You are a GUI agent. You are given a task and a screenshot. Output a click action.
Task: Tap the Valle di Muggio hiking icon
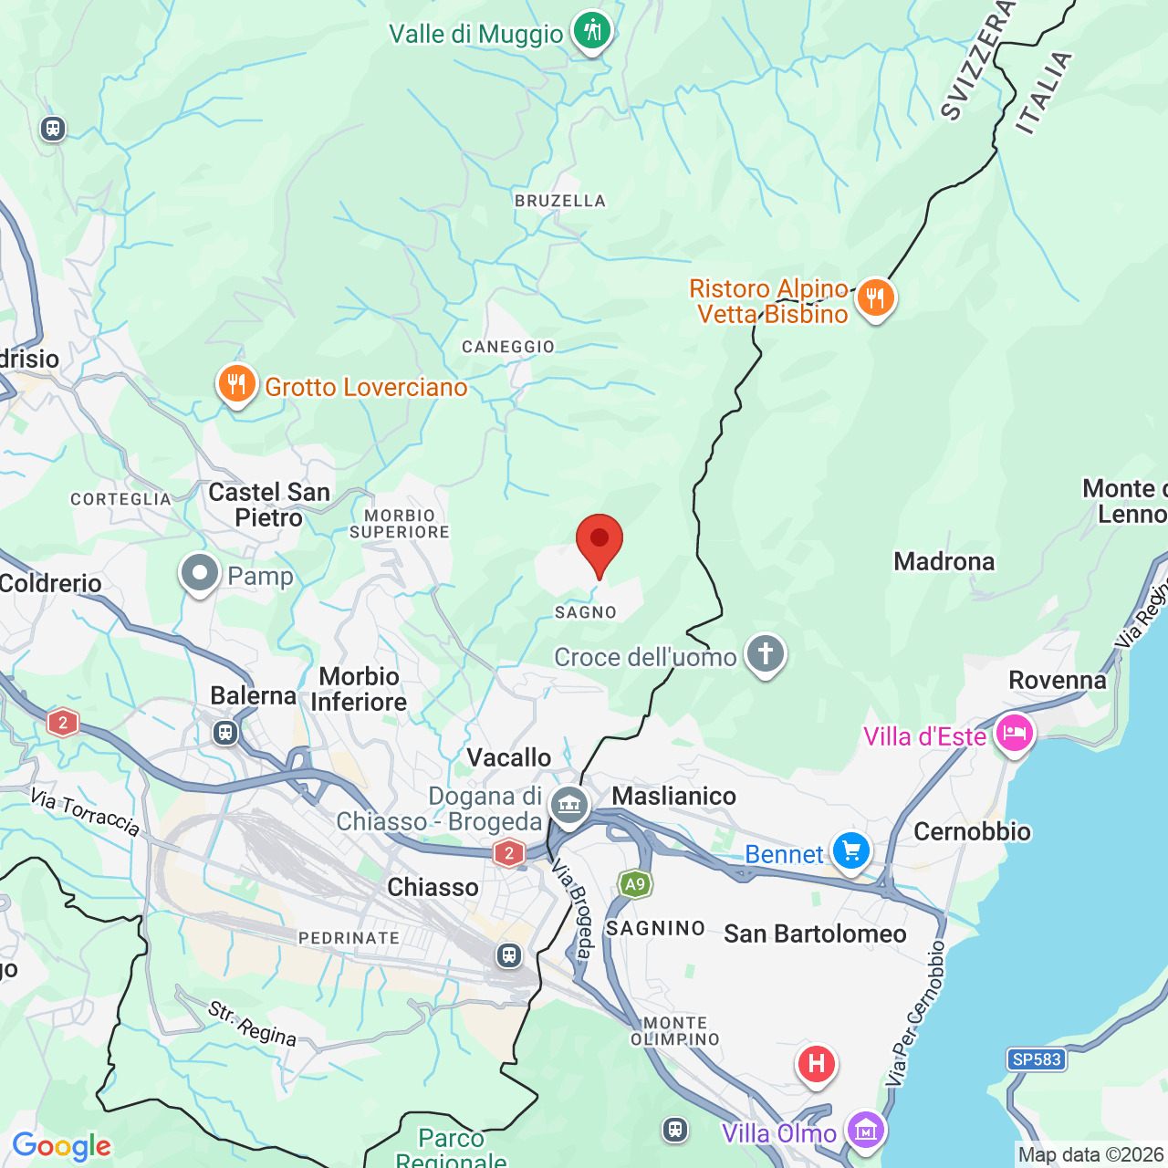(x=592, y=31)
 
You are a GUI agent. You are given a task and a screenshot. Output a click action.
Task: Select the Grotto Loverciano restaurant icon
(x=236, y=384)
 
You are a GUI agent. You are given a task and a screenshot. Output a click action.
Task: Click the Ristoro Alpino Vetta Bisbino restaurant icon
(x=875, y=297)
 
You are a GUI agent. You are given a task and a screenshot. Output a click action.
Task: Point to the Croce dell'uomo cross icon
(x=766, y=654)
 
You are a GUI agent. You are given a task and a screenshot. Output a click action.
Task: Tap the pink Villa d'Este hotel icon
(x=1014, y=733)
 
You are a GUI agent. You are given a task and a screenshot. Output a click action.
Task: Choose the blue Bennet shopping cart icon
(x=851, y=851)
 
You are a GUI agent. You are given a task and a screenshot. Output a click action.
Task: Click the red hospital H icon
(x=817, y=1064)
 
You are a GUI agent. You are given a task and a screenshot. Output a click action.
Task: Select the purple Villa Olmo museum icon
(x=865, y=1131)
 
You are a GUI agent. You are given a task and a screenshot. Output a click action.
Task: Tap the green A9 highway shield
(x=635, y=883)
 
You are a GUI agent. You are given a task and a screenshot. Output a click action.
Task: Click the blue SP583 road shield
(x=1037, y=1059)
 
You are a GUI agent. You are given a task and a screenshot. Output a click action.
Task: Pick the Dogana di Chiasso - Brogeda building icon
(x=569, y=806)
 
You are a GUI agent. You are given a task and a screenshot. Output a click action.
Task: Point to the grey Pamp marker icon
(x=200, y=574)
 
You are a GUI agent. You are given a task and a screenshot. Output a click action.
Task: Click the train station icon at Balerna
(x=225, y=732)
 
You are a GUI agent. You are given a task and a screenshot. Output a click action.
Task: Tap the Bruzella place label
(x=560, y=201)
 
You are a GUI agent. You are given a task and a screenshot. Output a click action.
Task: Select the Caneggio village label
(x=508, y=347)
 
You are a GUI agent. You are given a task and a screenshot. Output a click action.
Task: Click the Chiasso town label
(x=433, y=887)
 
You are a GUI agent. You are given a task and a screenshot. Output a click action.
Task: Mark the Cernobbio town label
(x=972, y=831)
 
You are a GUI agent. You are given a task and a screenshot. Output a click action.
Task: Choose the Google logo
(x=61, y=1146)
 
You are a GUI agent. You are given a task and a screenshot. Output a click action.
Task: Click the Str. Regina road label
(x=252, y=1024)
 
